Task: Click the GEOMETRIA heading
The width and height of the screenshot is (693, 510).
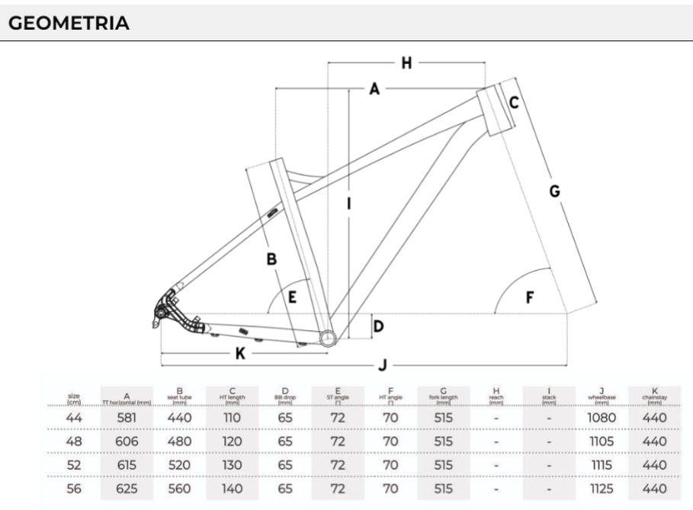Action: (69, 24)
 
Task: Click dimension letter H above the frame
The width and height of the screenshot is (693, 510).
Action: (406, 63)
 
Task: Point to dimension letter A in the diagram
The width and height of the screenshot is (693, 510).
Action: (374, 89)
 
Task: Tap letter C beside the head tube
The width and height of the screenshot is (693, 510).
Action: (515, 103)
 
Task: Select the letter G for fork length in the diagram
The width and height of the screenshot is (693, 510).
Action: (555, 191)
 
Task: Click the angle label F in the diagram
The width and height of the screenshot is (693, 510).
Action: (530, 297)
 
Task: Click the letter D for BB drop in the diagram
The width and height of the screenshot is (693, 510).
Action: (378, 327)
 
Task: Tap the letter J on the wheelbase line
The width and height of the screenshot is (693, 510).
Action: (383, 364)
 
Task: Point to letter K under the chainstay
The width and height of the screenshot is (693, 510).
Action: (240, 353)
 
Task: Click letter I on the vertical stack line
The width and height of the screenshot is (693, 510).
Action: (348, 204)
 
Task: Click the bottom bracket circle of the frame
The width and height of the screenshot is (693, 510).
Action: (327, 338)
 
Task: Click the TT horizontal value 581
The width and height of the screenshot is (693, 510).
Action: (127, 417)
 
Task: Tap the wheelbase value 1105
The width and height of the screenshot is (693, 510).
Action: (602, 441)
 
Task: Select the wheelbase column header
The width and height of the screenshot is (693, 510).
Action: (602, 396)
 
